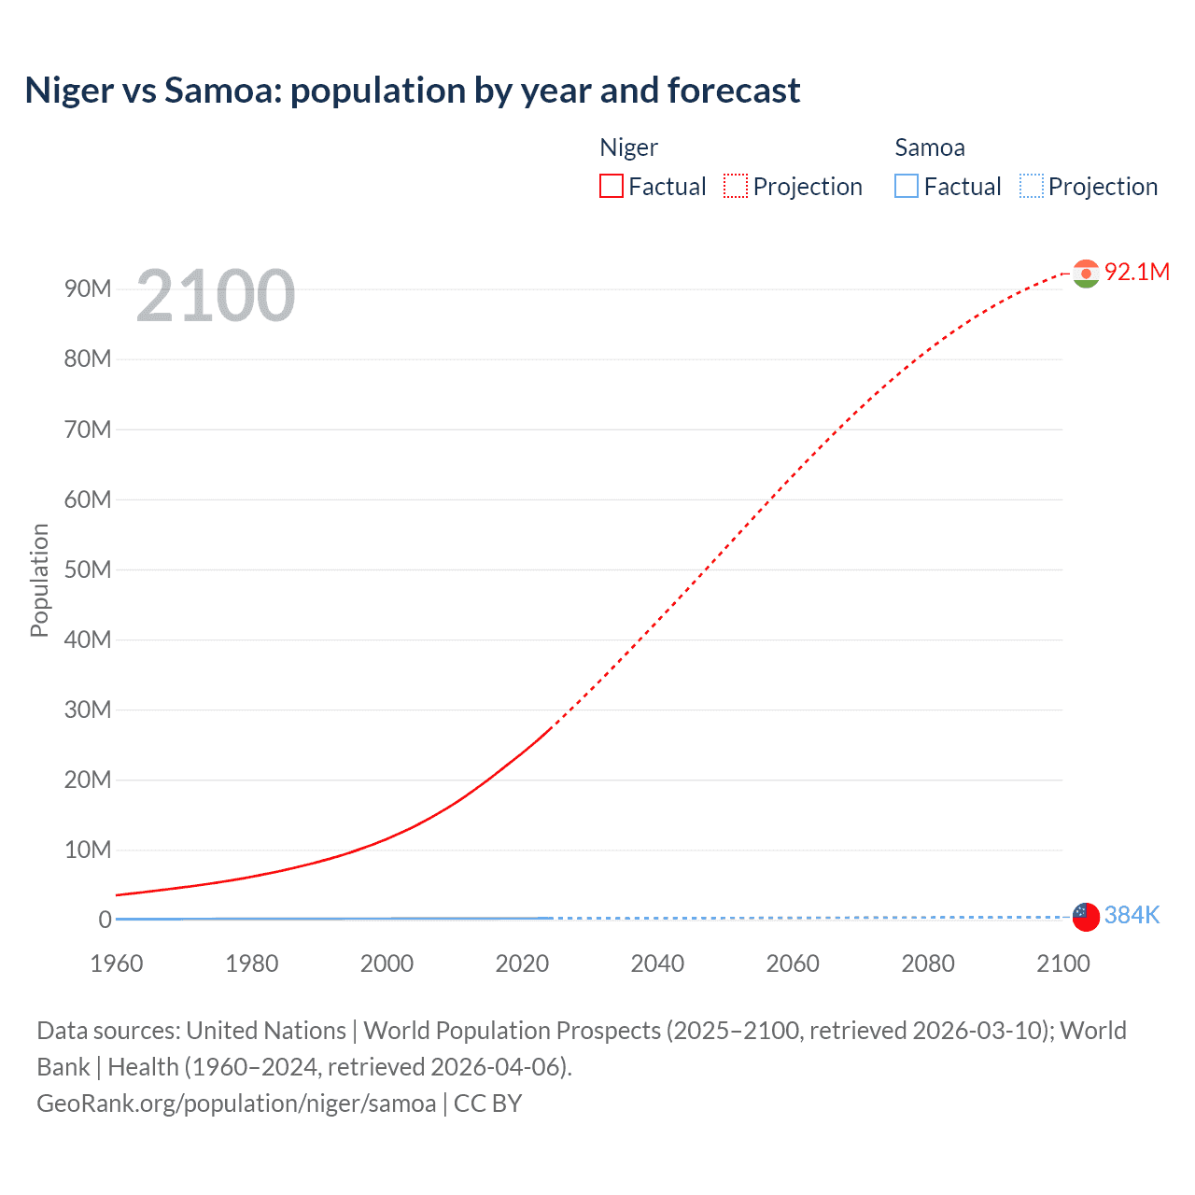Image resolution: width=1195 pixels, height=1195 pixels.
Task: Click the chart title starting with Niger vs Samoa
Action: pos(412,91)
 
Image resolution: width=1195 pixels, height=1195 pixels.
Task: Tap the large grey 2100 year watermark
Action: pos(216,296)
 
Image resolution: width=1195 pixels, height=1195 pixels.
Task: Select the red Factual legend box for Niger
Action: pos(611,186)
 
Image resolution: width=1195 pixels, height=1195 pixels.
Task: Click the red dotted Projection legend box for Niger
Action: pos(736,186)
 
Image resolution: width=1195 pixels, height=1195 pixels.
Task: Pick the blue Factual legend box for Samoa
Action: pos(906,186)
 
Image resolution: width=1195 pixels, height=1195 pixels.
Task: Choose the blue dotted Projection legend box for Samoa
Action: pos(1031,186)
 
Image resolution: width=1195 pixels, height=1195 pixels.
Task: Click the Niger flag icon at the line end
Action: pos(1085,273)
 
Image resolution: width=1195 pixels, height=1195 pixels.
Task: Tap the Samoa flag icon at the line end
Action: pos(1085,916)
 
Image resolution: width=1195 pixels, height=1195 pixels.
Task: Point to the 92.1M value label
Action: pos(1136,272)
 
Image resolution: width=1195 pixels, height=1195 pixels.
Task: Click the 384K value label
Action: pos(1132,915)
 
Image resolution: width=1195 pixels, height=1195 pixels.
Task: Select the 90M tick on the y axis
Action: pos(88,288)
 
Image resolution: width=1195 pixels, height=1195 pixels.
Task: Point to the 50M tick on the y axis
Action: pos(88,569)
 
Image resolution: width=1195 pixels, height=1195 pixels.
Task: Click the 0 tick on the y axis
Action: pos(105,920)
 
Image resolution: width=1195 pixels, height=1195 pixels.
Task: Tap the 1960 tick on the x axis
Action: pos(117,963)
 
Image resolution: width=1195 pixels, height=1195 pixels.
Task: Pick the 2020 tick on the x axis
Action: pos(522,963)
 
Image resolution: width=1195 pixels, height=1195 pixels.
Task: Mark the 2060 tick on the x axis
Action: pos(793,963)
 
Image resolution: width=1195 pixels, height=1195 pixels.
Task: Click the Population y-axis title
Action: pos(39,580)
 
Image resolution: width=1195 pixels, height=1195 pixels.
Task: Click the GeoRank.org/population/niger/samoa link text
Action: pos(236,1104)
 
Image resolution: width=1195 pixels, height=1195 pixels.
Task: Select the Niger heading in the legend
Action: pos(628,148)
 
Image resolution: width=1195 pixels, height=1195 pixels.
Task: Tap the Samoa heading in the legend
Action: pos(929,148)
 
